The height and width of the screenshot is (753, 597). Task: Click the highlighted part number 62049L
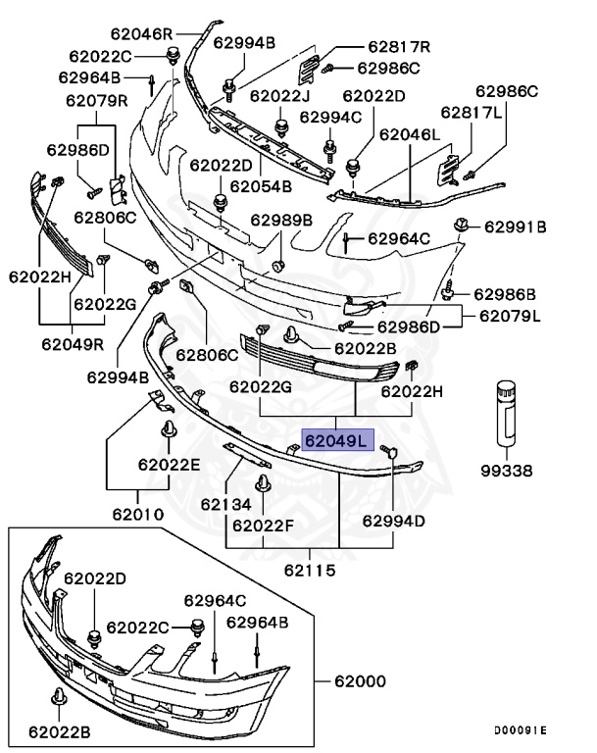tap(335, 440)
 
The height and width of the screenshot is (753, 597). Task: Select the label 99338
tap(506, 471)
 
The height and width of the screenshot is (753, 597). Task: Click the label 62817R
tap(400, 46)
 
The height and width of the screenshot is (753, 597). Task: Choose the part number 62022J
tap(279, 96)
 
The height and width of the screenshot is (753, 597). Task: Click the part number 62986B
tap(505, 294)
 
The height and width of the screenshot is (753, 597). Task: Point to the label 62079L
tap(511, 316)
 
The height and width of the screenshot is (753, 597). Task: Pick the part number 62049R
tap(73, 344)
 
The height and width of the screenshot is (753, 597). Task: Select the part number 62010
tap(137, 513)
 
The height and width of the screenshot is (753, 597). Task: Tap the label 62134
tap(226, 503)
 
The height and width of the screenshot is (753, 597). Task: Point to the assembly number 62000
tap(361, 680)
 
